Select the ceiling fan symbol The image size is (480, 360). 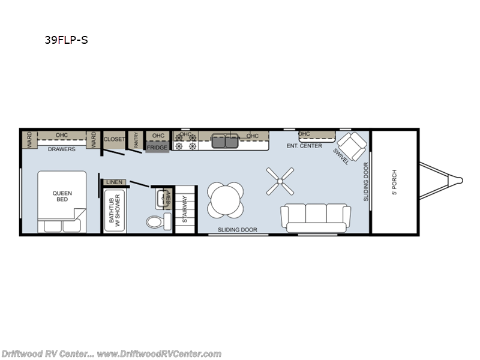coord(280,181)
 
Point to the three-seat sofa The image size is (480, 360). coord(316,217)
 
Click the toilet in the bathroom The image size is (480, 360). coord(157,221)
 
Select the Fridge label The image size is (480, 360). coord(157,148)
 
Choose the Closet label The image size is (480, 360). coord(114,139)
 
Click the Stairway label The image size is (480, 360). coord(185,209)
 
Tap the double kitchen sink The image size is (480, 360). coord(226,142)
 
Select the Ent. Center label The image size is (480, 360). coord(304,146)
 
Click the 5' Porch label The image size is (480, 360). coord(395,183)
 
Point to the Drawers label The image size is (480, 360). coord(62,149)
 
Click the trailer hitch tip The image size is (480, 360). coord(460,179)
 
